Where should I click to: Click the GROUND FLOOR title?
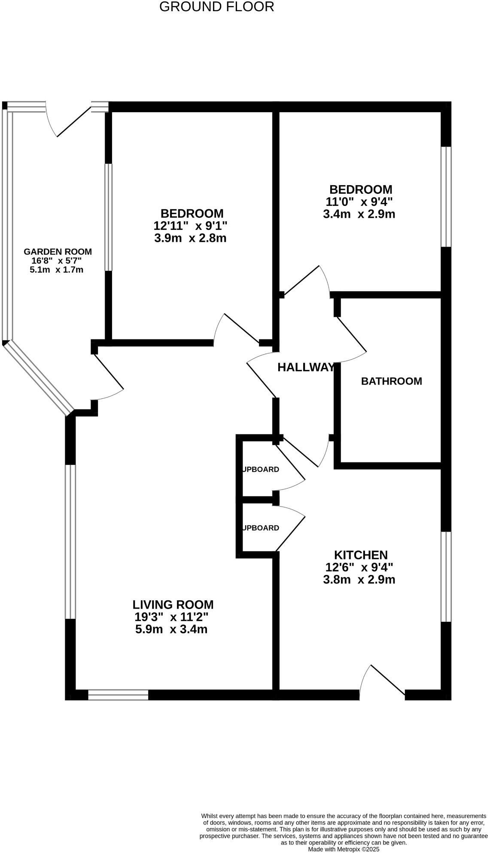pos(216,7)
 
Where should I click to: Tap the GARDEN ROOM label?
pos(58,252)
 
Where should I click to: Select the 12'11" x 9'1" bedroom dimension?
pos(190,226)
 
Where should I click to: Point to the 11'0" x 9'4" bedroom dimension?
pos(359,202)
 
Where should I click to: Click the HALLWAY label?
pos(306,367)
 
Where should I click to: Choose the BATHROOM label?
pos(391,381)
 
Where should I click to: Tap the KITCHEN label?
pos(361,555)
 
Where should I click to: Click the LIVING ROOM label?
pos(173,605)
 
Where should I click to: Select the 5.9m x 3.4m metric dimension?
pos(171,630)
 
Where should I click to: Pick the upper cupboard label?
pos(261,469)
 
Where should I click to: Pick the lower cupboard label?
pos(261,528)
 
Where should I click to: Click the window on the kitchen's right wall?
pos(447,576)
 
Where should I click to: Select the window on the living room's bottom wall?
pos(118,695)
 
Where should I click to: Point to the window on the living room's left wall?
pos(70,541)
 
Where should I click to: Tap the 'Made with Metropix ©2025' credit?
pos(344,849)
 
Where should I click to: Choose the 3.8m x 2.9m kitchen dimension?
pos(359,580)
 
